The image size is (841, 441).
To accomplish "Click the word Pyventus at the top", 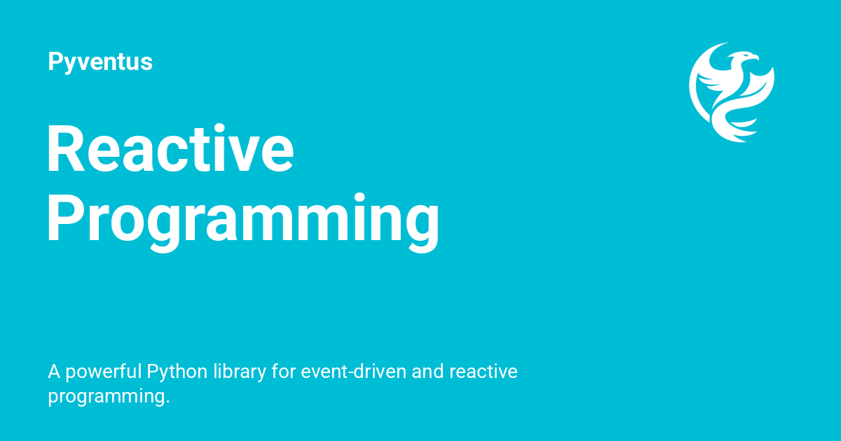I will point(100,62).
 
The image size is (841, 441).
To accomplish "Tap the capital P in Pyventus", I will point(55,62).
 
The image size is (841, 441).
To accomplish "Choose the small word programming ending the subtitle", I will point(107,397).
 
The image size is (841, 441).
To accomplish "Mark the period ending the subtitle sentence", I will point(168,402).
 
